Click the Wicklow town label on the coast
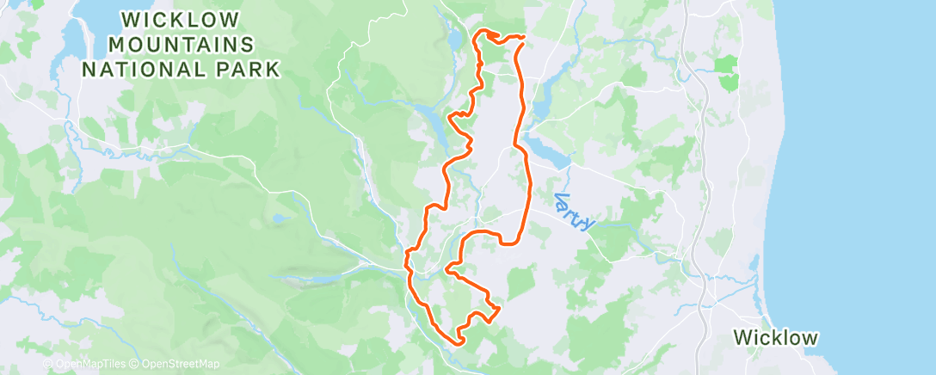[775, 337]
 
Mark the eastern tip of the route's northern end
[523, 37]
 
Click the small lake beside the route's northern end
[454, 40]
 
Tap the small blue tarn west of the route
[278, 218]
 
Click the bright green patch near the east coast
[727, 70]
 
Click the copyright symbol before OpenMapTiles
[48, 365]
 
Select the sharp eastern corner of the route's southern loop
[499, 307]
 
